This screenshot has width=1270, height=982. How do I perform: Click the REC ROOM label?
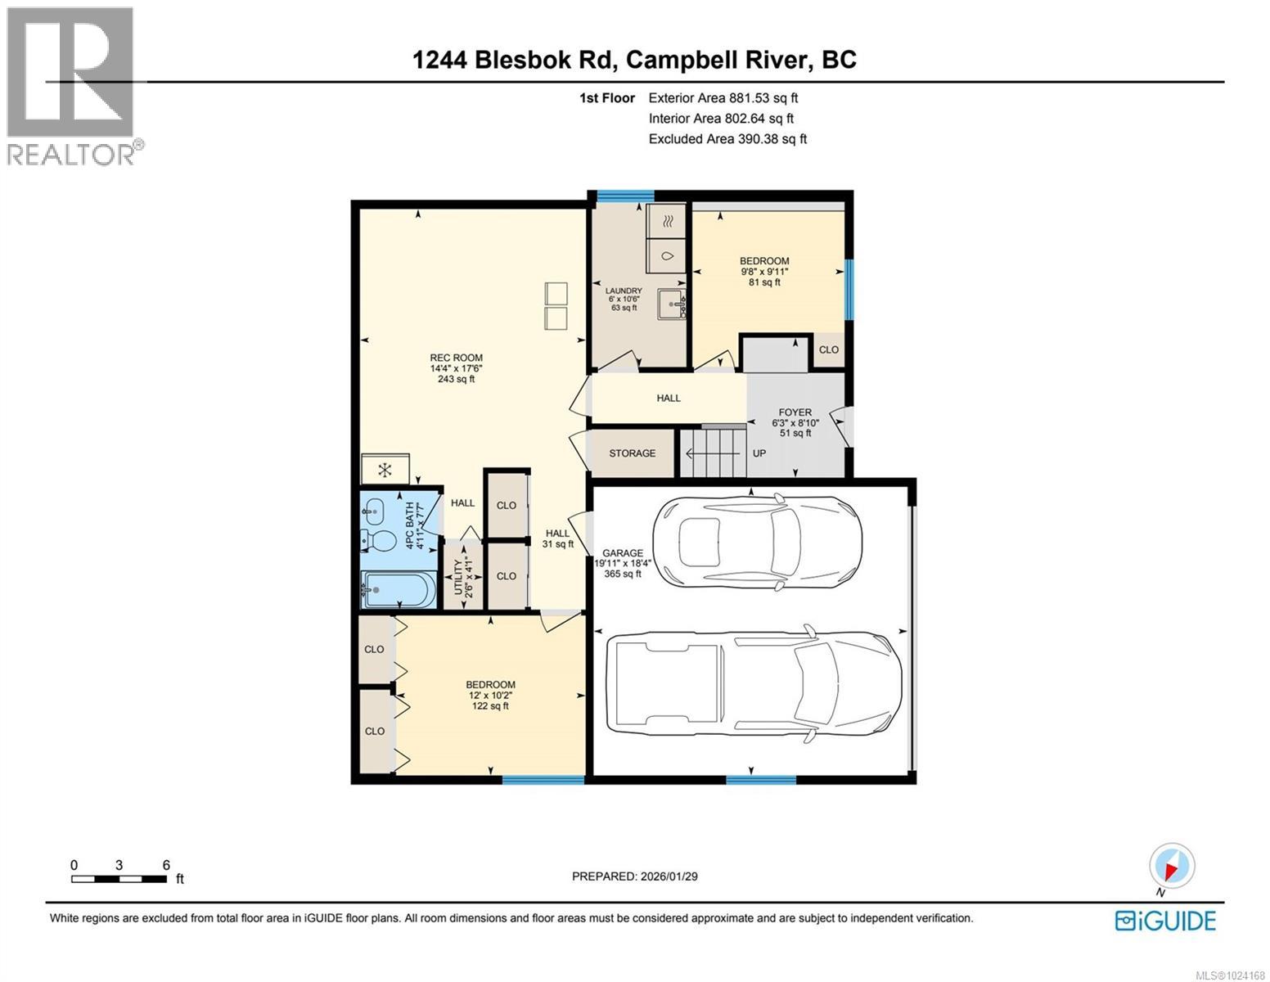click(456, 358)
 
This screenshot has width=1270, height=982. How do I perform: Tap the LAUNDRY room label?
click(624, 291)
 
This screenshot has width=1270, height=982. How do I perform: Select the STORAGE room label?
click(632, 453)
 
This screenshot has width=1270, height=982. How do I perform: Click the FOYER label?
click(795, 413)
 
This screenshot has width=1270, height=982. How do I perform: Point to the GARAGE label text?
click(622, 553)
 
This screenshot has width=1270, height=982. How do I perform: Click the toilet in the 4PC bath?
click(377, 540)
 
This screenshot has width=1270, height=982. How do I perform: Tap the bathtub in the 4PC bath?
click(399, 589)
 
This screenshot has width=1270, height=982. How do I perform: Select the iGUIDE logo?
click(1165, 921)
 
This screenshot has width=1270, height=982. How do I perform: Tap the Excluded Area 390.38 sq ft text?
click(727, 139)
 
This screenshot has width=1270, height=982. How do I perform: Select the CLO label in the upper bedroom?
click(828, 349)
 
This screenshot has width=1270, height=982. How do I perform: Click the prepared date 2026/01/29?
click(634, 876)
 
